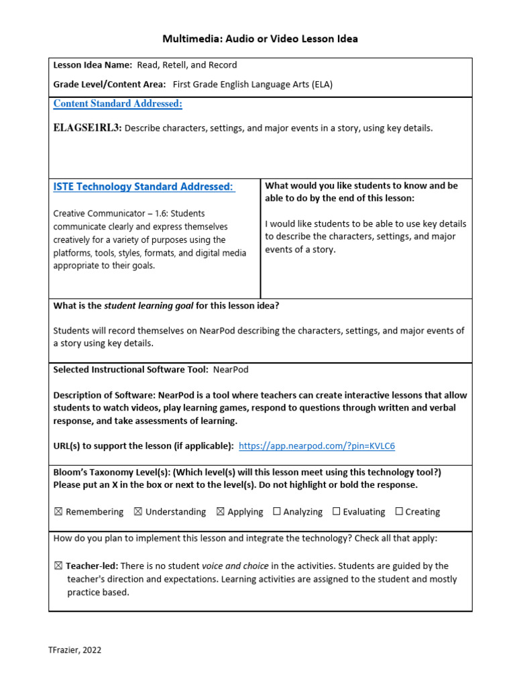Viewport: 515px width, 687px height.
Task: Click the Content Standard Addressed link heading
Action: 117,104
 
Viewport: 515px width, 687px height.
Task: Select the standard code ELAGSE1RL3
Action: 87,128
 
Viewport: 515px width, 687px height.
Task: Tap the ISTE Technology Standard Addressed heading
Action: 144,187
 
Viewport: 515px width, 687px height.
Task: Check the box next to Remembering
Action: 58,512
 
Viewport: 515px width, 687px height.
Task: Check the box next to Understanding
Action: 137,512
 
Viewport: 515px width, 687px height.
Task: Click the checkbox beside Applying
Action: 220,512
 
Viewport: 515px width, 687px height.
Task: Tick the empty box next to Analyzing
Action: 277,512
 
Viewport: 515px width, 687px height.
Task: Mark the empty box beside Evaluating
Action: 337,512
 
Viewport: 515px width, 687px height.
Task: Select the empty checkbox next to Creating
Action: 399,512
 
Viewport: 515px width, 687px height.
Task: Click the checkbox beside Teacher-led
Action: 58,566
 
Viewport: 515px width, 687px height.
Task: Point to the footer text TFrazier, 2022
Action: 75,650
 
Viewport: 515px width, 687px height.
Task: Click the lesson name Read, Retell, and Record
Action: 186,65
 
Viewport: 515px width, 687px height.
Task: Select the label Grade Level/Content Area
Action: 109,85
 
